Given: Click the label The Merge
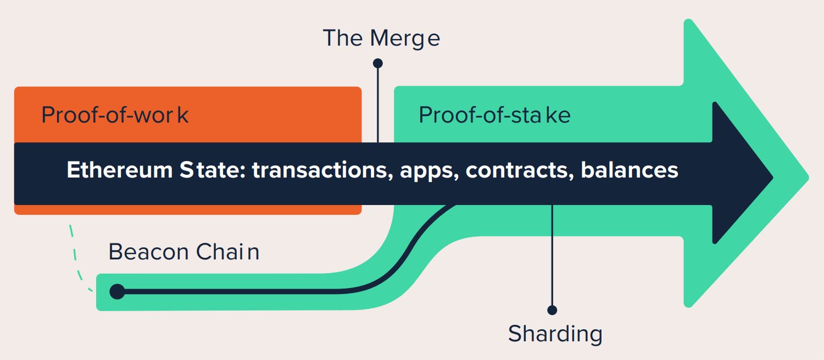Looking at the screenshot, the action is pyautogui.click(x=381, y=38).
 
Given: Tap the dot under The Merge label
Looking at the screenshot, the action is pyautogui.click(x=378, y=63).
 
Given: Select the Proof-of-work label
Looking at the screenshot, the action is pyautogui.click(x=115, y=115).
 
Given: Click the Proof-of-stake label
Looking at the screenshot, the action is pyautogui.click(x=495, y=115).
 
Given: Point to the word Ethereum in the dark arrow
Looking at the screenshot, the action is pyautogui.click(x=120, y=170).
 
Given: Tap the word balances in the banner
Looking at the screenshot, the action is pyautogui.click(x=630, y=170).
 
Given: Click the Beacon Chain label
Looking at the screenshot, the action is pyautogui.click(x=184, y=252).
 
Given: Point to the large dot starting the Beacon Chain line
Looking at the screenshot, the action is pyautogui.click(x=118, y=291).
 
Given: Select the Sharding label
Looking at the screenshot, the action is pyautogui.click(x=555, y=334).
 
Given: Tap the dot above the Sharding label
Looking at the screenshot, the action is pyautogui.click(x=552, y=310).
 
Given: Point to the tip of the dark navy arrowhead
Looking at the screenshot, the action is pyautogui.click(x=773, y=178).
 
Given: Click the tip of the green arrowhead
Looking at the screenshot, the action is pyautogui.click(x=809, y=178).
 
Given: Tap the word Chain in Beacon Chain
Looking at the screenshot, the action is pyautogui.click(x=228, y=252).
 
